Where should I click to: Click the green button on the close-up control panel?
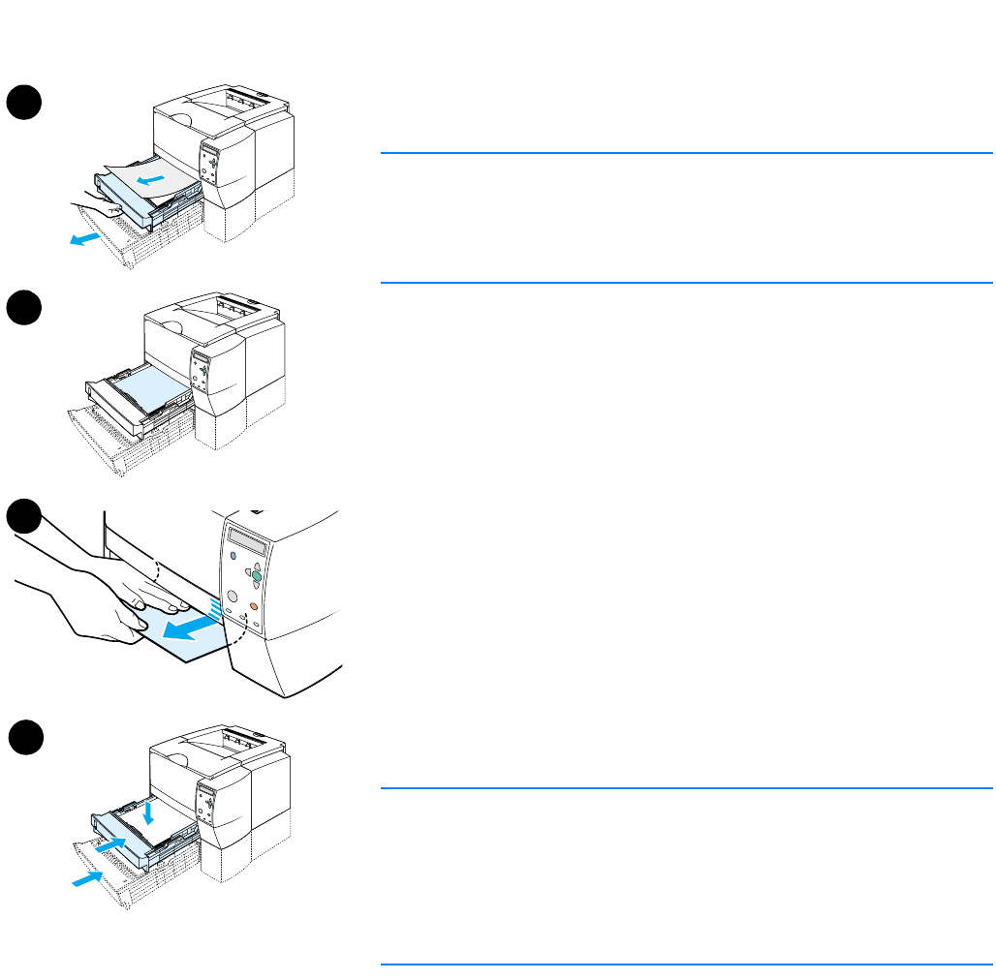(x=256, y=576)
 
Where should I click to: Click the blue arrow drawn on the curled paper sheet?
(x=150, y=180)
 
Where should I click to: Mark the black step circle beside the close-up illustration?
(x=26, y=517)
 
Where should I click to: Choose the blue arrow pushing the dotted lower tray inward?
(x=86, y=879)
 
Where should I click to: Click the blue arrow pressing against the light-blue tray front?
(x=111, y=845)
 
